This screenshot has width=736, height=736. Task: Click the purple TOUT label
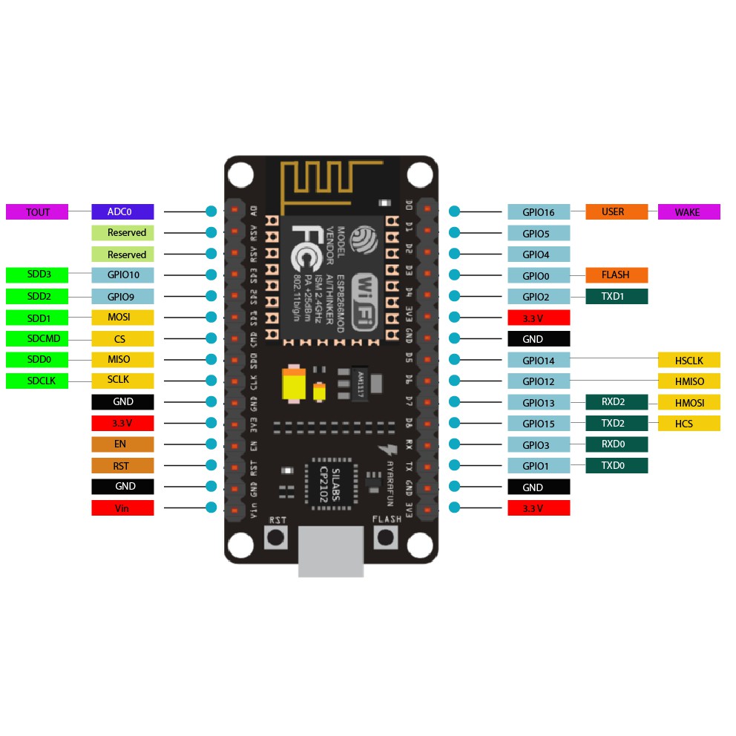coord(37,212)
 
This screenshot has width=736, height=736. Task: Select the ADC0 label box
coord(122,211)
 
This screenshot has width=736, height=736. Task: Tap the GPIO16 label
coord(539,212)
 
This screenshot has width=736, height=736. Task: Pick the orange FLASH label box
coord(617,275)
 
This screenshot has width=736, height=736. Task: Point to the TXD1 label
coord(617,296)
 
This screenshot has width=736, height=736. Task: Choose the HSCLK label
coord(689,361)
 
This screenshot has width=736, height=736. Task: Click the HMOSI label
coord(689,403)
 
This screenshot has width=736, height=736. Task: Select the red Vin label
coord(122,508)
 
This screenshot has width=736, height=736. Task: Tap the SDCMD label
coord(37,339)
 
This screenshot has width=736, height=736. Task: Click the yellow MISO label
coord(122,360)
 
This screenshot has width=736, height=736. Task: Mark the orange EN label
coord(122,444)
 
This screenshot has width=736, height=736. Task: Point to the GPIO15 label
coord(539,424)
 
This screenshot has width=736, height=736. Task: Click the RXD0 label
coord(617,444)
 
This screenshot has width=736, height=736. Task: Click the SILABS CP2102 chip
coord(331,487)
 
